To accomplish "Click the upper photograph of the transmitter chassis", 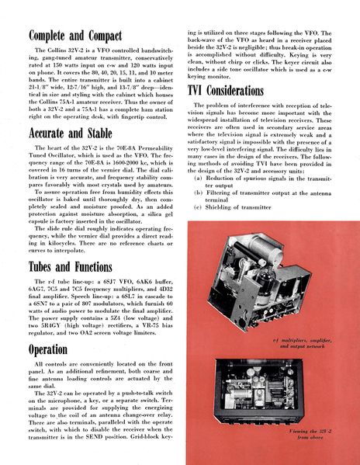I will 264,283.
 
